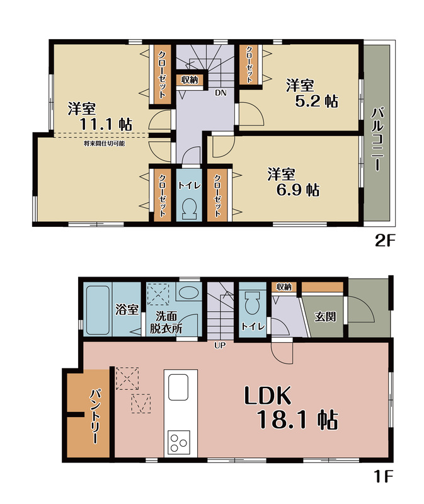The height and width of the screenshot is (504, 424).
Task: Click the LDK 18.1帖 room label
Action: [x=291, y=408]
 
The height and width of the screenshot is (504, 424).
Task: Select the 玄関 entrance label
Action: [x=325, y=317]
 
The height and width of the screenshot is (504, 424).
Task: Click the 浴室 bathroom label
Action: [x=127, y=309]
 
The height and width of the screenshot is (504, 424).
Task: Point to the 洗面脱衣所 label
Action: [x=166, y=322]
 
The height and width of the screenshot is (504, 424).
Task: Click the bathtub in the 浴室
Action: [x=98, y=309]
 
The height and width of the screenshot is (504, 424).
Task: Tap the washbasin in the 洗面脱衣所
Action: [x=189, y=292]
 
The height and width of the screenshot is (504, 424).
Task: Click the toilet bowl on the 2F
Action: [x=189, y=209]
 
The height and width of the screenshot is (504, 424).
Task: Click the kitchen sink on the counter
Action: [x=178, y=387]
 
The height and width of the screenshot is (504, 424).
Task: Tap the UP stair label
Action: [x=221, y=345]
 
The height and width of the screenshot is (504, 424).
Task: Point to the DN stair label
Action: [x=221, y=93]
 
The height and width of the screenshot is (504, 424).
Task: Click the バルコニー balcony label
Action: [x=377, y=140]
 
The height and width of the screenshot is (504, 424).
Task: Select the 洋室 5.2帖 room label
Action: [x=311, y=93]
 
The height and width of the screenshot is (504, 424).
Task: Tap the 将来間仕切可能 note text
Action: [x=104, y=144]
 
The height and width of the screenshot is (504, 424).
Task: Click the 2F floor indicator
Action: [x=385, y=241]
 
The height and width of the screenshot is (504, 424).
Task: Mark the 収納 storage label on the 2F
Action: [x=190, y=80]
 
